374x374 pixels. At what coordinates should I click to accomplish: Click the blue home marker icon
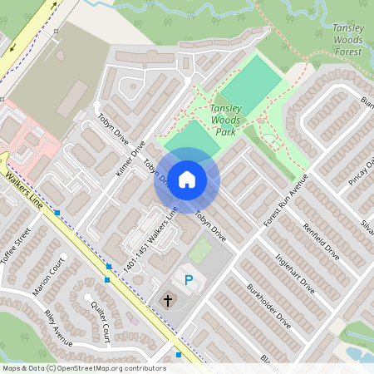click(x=187, y=179)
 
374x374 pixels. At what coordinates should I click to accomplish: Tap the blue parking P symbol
click(x=188, y=281)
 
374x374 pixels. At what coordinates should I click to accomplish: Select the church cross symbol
click(x=167, y=299)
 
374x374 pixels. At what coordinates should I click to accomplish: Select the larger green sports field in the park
click(x=252, y=82)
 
